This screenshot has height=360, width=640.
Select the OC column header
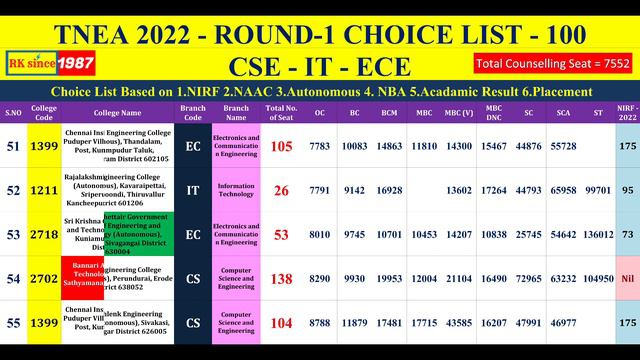(x=319, y=112)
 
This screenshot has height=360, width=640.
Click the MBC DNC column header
(x=494, y=112)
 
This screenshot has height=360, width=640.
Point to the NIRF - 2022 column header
(x=627, y=112)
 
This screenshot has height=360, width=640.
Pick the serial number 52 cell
(x=14, y=190)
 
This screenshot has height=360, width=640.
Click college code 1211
(x=44, y=190)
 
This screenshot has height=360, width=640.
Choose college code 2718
(x=44, y=235)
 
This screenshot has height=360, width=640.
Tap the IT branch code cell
(x=192, y=190)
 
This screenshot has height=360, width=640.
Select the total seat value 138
(x=281, y=278)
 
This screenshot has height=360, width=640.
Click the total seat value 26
(x=281, y=190)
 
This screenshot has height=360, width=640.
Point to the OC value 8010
(x=319, y=235)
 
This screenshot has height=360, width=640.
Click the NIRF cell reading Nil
(x=627, y=278)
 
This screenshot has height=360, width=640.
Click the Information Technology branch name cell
(x=235, y=190)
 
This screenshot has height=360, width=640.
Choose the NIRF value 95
(x=627, y=190)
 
